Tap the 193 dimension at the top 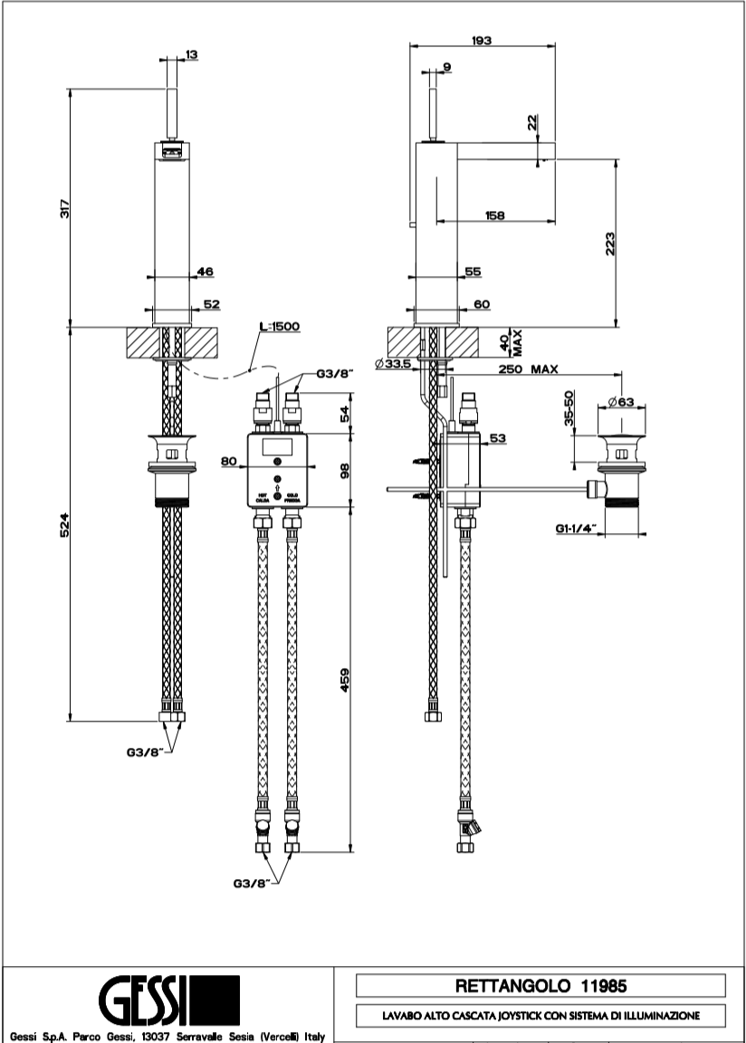(x=482, y=41)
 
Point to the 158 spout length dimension (x=494, y=215)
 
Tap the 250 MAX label (x=527, y=368)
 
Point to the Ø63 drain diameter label (x=619, y=401)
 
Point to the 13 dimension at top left (x=191, y=55)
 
